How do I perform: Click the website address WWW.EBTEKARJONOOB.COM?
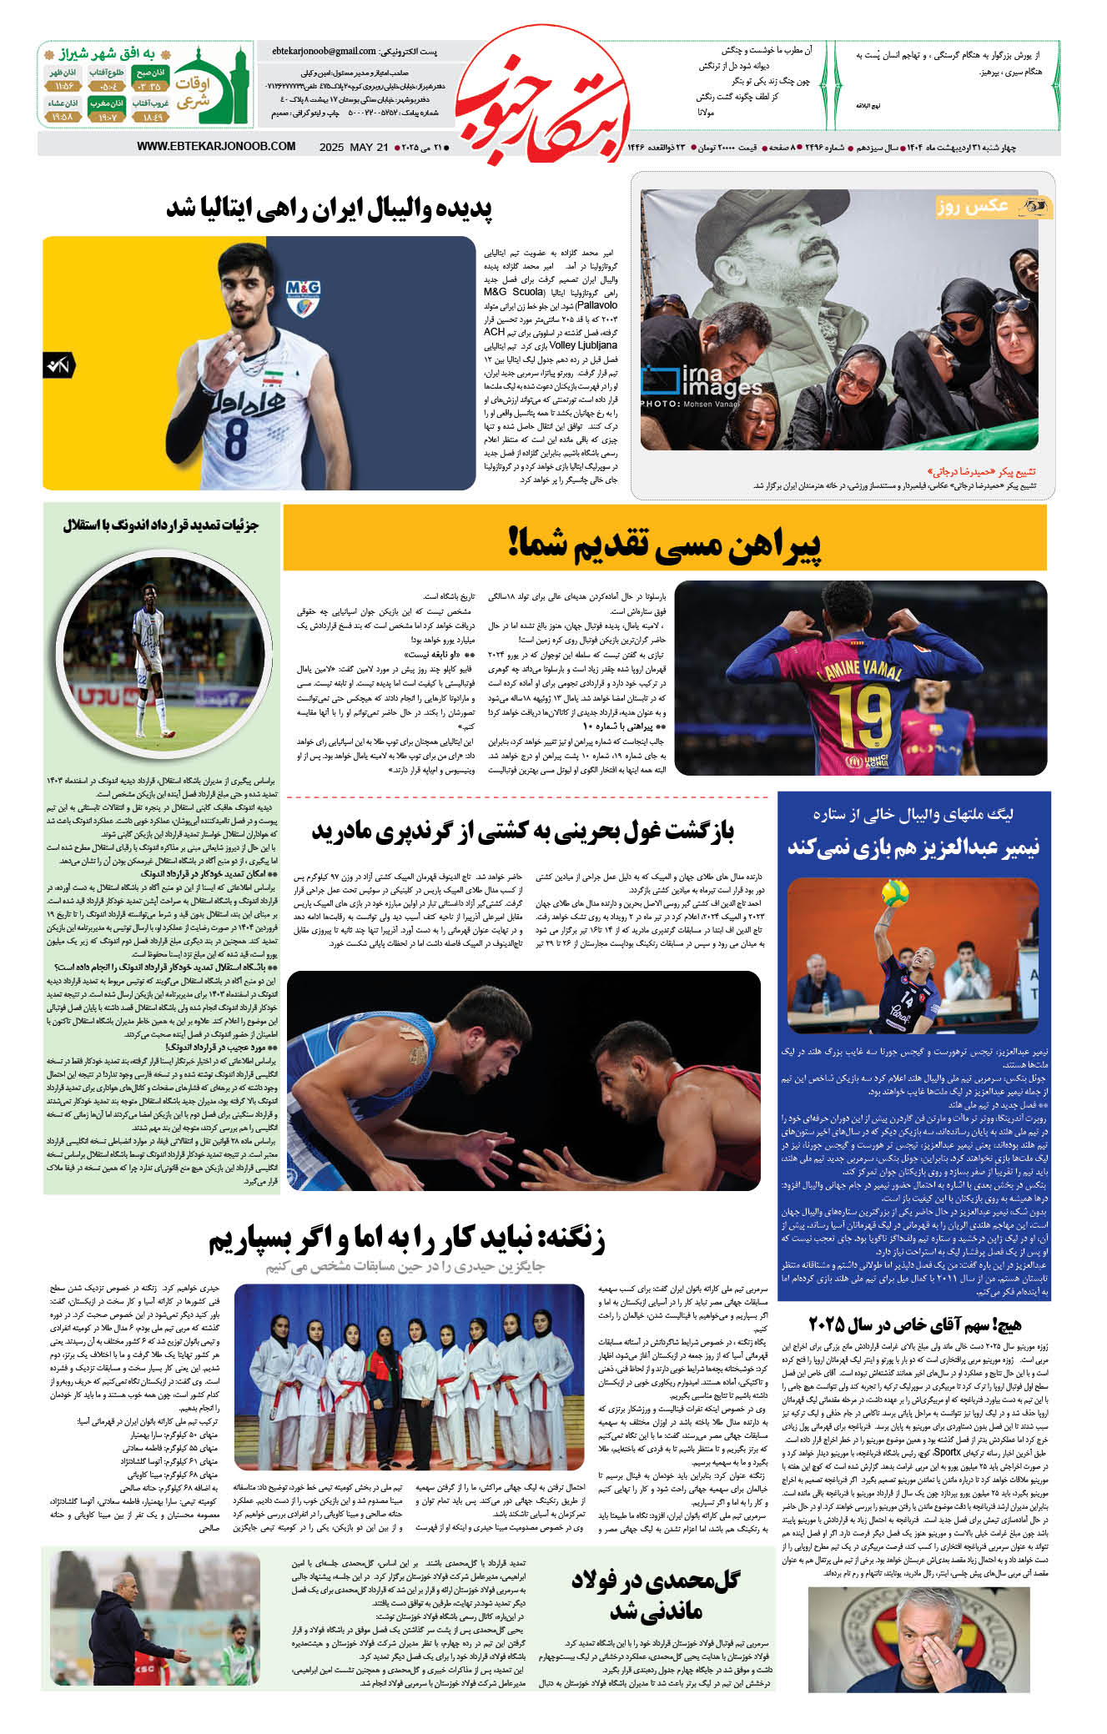tap(216, 147)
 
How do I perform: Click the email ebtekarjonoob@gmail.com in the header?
tap(324, 52)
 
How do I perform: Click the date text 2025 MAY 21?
tap(354, 148)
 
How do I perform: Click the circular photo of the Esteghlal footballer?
tap(162, 651)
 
